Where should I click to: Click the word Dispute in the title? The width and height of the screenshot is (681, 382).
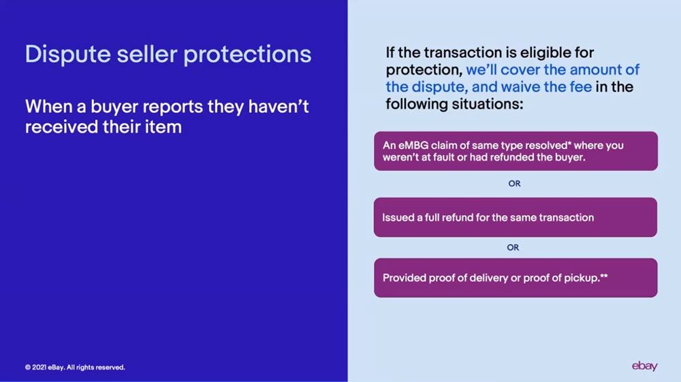67,55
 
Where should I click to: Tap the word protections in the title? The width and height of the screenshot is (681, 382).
247,55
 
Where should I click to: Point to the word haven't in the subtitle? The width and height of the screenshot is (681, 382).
279,106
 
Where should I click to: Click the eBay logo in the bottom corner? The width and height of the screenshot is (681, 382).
644,366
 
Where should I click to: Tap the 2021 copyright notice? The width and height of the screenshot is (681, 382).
75,367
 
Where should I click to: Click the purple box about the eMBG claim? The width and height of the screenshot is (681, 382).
516,151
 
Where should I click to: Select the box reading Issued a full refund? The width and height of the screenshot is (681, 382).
515,217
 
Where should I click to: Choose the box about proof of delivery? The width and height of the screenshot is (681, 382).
516,278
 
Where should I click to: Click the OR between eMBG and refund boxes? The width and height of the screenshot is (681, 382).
514,184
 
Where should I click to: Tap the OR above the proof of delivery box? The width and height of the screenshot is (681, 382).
513,247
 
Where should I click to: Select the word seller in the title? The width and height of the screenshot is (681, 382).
147,54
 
